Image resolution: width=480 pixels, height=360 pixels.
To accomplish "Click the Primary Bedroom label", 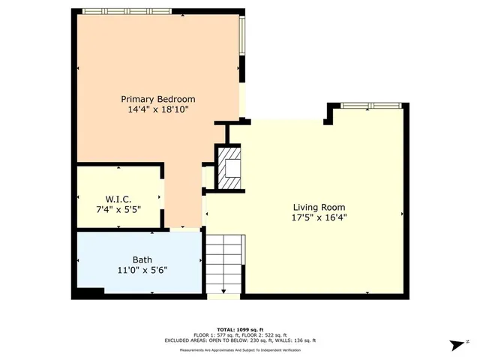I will tap(158, 99).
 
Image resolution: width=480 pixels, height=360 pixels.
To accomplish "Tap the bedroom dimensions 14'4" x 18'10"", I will tap(158, 109).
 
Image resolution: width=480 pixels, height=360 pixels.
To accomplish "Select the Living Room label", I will tap(319, 207).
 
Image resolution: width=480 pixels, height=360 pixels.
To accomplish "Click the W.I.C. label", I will tap(119, 199).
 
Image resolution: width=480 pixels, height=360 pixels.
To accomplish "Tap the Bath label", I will tap(142, 260).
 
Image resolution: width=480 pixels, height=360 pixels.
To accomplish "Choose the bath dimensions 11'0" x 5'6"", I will tap(142, 271).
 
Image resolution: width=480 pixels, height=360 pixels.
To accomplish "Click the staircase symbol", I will tap(225, 262).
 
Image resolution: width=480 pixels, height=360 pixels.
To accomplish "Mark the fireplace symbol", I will tap(231, 169).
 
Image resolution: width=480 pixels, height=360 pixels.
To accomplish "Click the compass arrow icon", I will tap(456, 344).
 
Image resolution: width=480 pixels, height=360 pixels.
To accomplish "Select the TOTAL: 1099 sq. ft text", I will tap(240, 329).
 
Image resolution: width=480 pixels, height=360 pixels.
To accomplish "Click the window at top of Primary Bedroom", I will tap(127, 11).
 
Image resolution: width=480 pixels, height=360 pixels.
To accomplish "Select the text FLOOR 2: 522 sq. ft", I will tap(268, 334).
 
